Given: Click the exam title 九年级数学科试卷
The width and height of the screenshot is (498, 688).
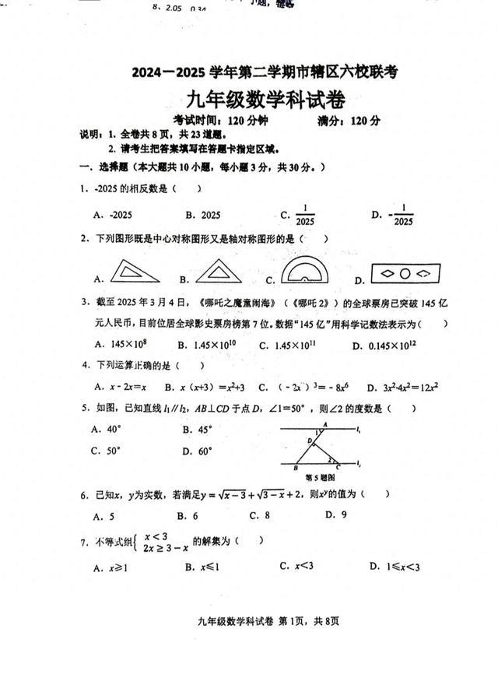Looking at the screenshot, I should (x=265, y=100).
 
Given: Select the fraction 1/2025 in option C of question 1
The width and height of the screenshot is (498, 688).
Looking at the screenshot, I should (x=304, y=215).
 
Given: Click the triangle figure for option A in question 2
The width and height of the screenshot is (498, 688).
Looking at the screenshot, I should (x=135, y=271).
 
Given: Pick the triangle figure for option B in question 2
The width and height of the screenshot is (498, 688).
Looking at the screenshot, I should (x=219, y=271).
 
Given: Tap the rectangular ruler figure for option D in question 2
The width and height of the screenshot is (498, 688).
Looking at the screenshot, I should (x=405, y=274).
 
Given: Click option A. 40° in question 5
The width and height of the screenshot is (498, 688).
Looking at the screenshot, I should (x=107, y=428).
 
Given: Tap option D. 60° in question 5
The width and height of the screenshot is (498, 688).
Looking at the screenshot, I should (x=198, y=450).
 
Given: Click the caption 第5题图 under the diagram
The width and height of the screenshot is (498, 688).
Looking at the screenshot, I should (x=320, y=477).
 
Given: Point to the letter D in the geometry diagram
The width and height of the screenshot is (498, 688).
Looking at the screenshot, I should (x=309, y=441).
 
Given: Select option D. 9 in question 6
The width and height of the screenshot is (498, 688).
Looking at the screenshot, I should (x=335, y=514).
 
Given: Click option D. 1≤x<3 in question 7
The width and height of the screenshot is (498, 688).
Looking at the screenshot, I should (x=395, y=567).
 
